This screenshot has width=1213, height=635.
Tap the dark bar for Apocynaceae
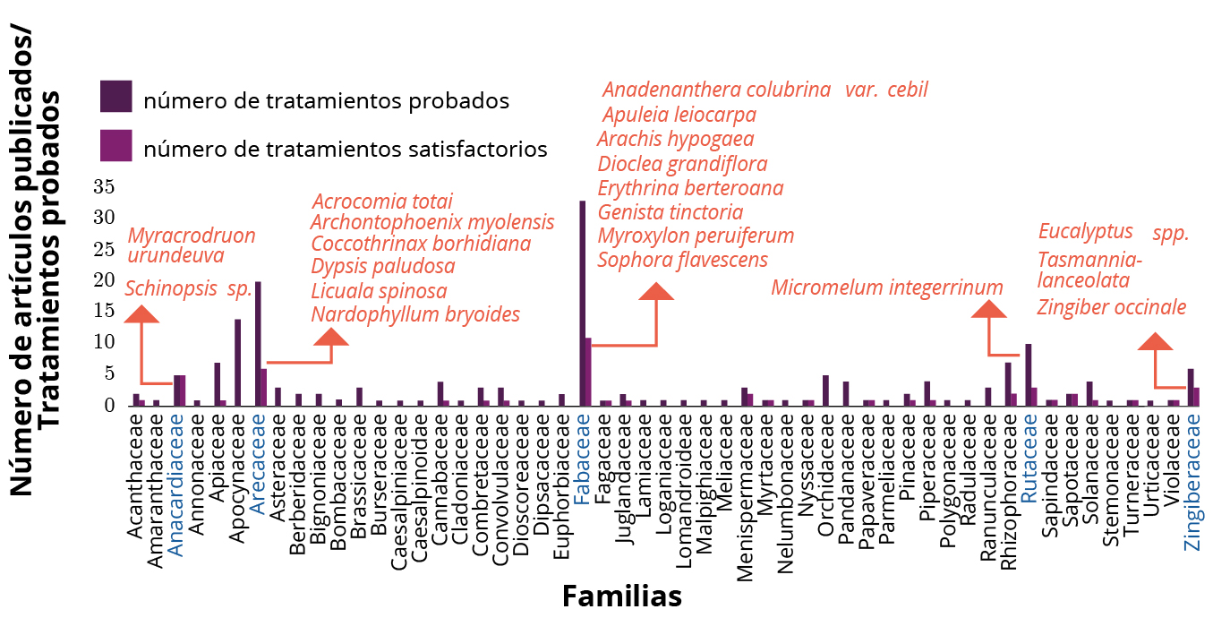237,362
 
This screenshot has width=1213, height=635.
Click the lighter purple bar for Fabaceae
588,372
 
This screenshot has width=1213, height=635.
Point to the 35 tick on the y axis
104,187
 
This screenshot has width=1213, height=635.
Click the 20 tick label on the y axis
104,280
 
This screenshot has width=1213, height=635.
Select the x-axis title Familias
621,596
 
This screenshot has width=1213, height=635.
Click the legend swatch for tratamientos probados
116,97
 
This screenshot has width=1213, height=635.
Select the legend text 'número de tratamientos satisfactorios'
345,150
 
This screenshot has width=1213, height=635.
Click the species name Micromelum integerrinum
887,287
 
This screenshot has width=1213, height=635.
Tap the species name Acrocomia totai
382,202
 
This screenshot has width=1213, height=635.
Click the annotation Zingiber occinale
1112,307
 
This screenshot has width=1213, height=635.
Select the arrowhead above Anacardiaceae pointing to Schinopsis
141,313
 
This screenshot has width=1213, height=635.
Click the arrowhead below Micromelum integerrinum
989,309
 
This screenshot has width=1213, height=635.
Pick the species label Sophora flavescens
683,260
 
